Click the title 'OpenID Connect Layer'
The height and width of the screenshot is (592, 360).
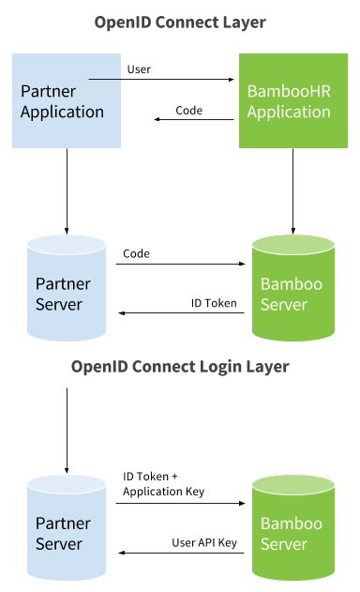coord(180,21)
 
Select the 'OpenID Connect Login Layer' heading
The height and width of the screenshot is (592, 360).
coord(180,366)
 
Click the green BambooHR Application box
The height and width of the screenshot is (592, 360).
coord(293,100)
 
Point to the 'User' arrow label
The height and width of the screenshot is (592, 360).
coord(138,68)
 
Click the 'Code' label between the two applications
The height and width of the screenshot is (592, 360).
coord(189,111)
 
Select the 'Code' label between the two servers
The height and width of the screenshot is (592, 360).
coord(137,253)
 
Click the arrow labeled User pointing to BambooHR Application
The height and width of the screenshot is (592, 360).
coord(178,81)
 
